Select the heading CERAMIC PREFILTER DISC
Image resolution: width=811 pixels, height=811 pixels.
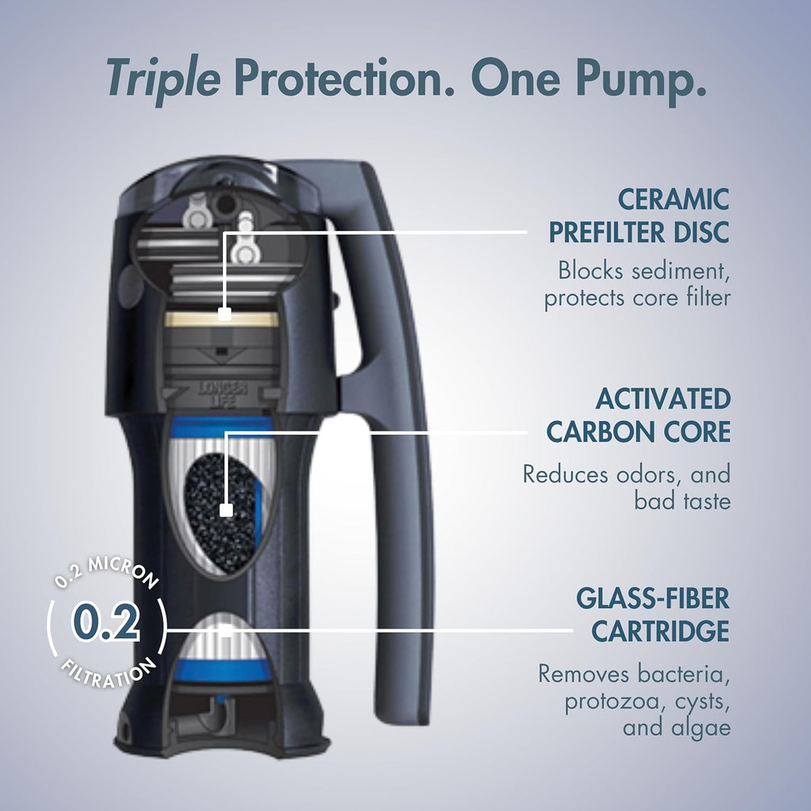point(638,216)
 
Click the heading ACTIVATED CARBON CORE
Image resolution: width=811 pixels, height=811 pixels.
point(638,415)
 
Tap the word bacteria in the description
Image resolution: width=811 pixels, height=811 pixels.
point(684,673)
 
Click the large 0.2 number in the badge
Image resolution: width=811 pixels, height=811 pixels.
point(106,623)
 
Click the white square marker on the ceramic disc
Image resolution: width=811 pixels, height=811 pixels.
point(225,312)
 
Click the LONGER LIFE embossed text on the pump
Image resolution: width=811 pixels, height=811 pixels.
point(221,393)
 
